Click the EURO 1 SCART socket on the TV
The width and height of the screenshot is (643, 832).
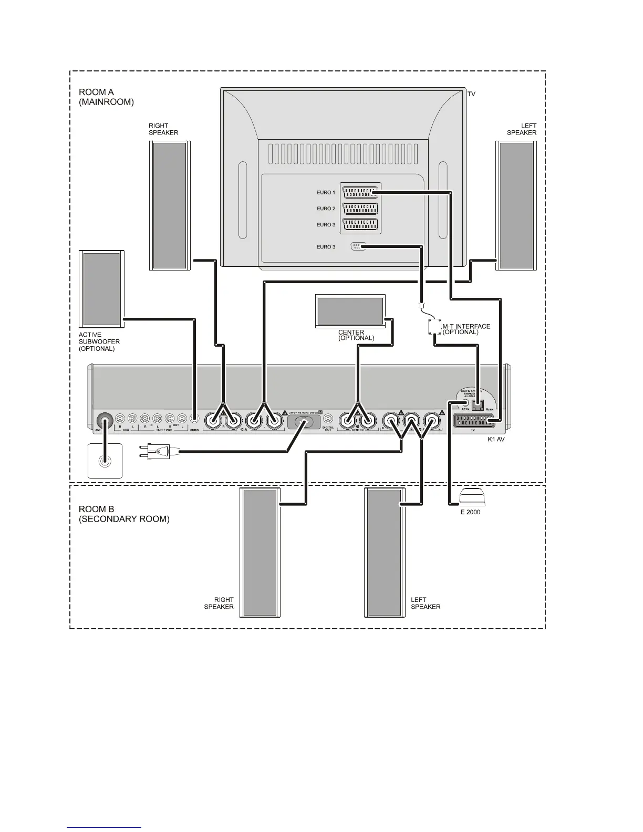pos(360,192)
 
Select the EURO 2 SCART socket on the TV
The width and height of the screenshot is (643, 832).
pos(360,209)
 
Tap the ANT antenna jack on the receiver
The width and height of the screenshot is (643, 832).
pos(105,421)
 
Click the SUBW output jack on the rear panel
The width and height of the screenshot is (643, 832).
pos(195,419)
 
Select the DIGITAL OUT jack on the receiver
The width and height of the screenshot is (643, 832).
pos(328,419)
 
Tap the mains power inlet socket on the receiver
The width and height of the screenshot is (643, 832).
pos(303,423)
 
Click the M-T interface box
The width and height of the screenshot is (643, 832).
pos(434,327)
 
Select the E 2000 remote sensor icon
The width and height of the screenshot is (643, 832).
pos(470,496)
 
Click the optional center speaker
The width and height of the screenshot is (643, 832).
pos(350,311)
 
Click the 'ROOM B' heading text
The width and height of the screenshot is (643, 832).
pos(96,509)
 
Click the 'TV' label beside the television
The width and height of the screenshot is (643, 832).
pos(471,94)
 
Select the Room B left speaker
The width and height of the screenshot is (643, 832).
pos(385,552)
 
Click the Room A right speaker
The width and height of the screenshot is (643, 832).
pos(170,205)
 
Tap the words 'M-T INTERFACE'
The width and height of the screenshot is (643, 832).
pos(466,326)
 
